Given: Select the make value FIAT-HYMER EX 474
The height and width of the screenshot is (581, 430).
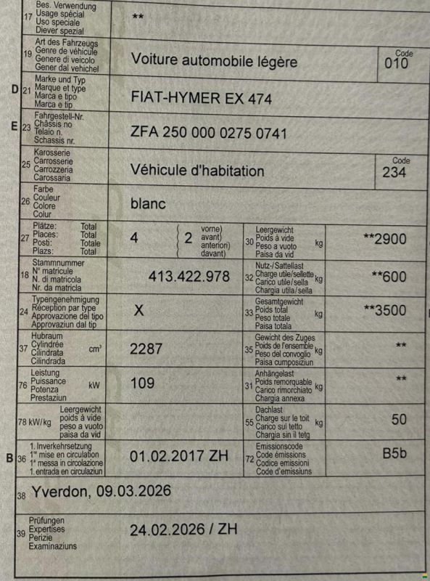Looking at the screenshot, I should pos(202,98).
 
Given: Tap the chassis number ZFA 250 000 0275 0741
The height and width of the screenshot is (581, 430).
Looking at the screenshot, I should pos(209,134).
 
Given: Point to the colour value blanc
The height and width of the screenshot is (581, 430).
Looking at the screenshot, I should pos(148,204).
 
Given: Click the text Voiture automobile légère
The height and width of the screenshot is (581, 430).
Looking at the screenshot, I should pos(214,60).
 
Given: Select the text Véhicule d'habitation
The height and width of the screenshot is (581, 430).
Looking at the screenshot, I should pos(197,171).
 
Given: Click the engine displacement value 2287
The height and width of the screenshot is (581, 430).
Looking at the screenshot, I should pos(146,349).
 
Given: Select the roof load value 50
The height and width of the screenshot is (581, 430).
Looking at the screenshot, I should pos(399,420).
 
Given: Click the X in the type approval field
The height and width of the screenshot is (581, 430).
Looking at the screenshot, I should pos(140,311).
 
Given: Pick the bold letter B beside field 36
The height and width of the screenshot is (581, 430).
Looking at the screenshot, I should pos(9,458).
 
